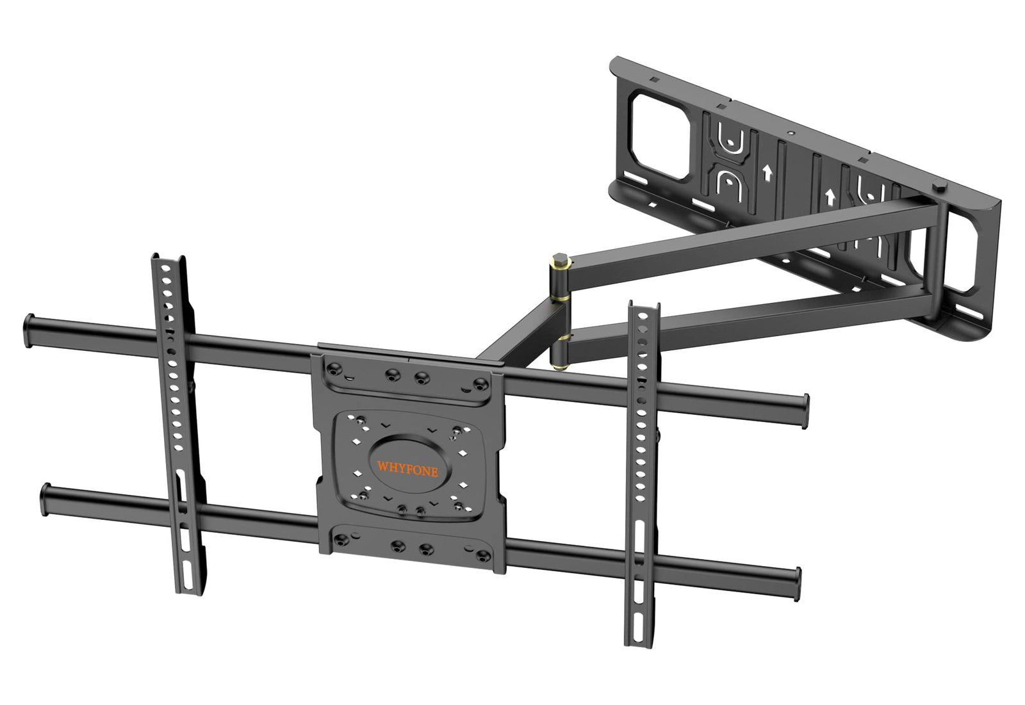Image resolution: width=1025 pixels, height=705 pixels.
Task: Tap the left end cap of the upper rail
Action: coord(29,330)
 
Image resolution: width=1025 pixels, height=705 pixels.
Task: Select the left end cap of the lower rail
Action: coord(45,499)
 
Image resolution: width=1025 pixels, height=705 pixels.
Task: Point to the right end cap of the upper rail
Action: coord(805,411)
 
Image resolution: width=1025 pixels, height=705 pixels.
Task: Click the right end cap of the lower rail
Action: coord(797,584)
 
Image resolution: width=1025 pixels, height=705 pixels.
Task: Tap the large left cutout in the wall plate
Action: coord(660,136)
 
